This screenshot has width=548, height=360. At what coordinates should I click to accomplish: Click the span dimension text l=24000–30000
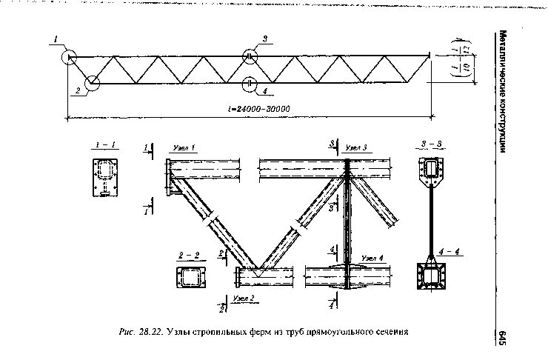point(259,109)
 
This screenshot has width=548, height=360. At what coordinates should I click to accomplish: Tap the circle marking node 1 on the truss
point(69,56)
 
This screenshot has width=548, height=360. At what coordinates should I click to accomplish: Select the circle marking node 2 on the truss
point(93,84)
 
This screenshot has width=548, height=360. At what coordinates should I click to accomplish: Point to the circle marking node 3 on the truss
point(250,56)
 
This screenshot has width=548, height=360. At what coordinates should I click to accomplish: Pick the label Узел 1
point(184,147)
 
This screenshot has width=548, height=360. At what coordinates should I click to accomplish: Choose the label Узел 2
point(244,297)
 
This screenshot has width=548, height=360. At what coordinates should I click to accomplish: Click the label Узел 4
point(372,257)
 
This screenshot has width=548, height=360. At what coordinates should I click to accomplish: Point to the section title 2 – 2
point(190,256)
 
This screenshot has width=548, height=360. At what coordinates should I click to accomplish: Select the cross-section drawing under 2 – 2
point(190,279)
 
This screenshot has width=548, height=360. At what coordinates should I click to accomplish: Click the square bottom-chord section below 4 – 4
point(431,279)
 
